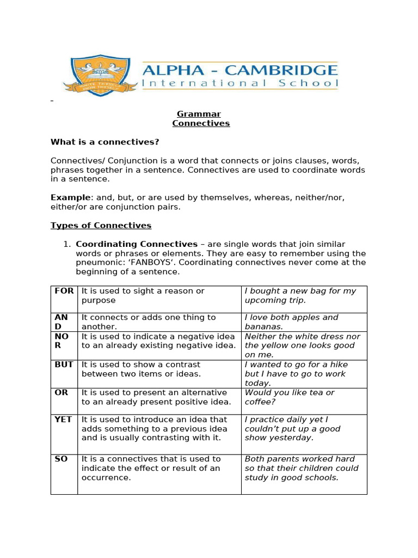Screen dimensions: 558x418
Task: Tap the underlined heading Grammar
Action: click(x=199, y=114)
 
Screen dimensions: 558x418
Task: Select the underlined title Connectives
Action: click(x=201, y=123)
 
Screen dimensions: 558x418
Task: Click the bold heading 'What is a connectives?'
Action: click(x=104, y=142)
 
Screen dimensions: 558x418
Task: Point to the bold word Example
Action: click(x=70, y=197)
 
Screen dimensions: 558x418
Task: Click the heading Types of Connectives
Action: click(x=101, y=226)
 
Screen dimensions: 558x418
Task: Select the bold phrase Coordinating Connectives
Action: click(x=137, y=244)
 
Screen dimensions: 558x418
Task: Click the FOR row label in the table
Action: click(x=64, y=291)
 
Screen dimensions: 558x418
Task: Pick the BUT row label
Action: click(x=64, y=365)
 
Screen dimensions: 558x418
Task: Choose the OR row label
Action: click(x=61, y=392)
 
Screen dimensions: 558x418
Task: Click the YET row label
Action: click(x=63, y=420)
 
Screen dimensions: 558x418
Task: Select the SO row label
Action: click(x=61, y=459)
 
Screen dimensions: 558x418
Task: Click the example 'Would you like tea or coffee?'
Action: click(x=290, y=397)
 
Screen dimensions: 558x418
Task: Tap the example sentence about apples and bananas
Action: click(x=291, y=322)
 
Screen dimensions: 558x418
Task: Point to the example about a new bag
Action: click(x=300, y=295)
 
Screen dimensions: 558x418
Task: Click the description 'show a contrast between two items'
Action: click(x=141, y=369)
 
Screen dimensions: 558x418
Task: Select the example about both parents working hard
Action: click(x=302, y=468)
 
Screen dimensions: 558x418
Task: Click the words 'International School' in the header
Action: click(x=239, y=84)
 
